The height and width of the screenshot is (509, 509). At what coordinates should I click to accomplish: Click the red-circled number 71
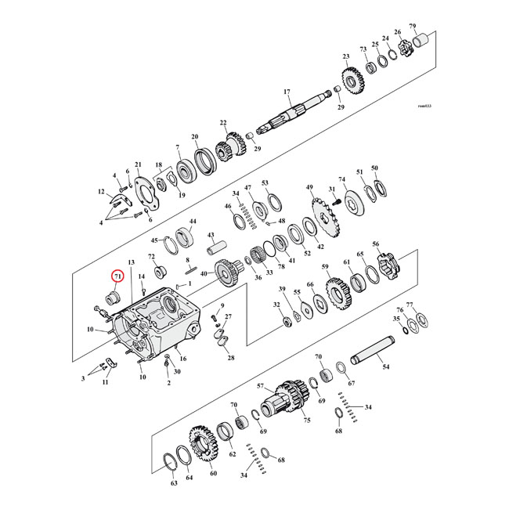coord(117,276)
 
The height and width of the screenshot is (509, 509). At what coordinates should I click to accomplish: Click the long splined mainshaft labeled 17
coord(294,114)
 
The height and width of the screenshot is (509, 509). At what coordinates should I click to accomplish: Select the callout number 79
coord(435,27)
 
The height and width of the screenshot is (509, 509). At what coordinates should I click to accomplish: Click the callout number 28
coord(230,358)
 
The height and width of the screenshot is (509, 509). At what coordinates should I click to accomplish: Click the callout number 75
coord(307,421)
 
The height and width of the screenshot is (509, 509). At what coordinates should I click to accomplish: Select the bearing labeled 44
coord(189,234)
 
